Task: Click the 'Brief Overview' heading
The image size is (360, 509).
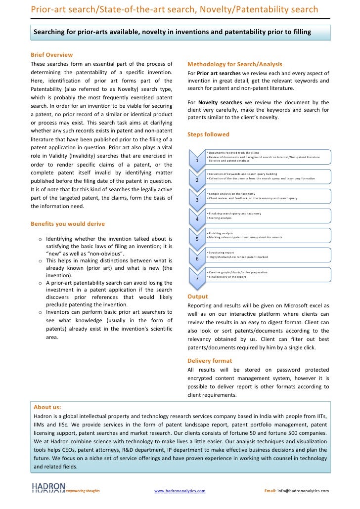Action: pos(51,54)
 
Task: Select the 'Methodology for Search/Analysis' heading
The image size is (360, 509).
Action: pos(235,64)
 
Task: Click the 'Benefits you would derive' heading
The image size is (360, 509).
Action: pos(68,223)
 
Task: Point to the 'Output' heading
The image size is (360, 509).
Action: pos(198,297)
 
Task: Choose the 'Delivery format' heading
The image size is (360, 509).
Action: pos(210,361)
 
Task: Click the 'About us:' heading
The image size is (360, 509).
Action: pos(47,407)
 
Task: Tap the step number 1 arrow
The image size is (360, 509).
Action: pos(197,159)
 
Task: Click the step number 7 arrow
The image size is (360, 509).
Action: pos(197,278)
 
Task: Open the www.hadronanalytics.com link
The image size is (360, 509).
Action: pos(180,491)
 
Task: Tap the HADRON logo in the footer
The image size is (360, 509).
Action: pos(48,488)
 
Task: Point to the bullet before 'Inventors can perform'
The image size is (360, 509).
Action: pos(40,312)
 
